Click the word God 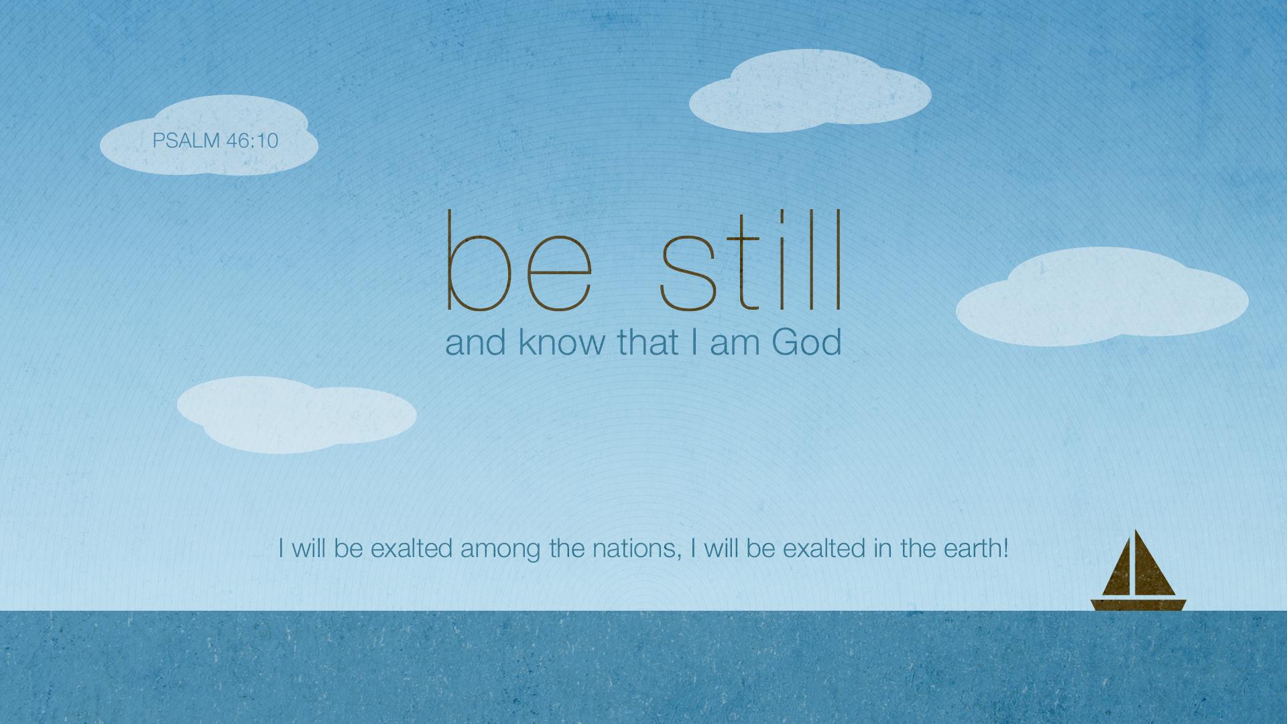click(x=806, y=343)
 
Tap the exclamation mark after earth click(x=1005, y=549)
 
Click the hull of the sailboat click(x=1138, y=604)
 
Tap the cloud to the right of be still click(x=1101, y=298)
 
